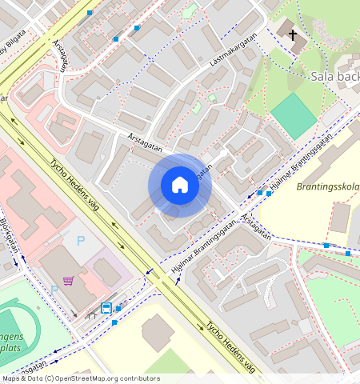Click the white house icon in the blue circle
(x=180, y=186)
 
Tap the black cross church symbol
(x=293, y=35)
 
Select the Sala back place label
(x=333, y=77)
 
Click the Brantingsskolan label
(x=327, y=186)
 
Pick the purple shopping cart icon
(x=69, y=280)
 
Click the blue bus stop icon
(x=106, y=307)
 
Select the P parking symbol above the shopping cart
(x=80, y=240)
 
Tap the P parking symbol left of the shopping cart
(x=54, y=289)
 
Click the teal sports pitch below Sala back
(x=294, y=116)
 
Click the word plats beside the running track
(x=12, y=349)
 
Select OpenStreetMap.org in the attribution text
(x=94, y=378)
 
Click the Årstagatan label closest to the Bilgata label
(x=60, y=55)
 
